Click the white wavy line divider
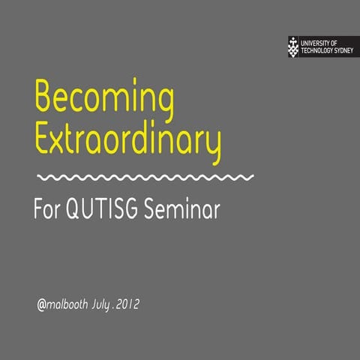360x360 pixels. tap(145, 178)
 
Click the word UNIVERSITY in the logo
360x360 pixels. tap(316, 43)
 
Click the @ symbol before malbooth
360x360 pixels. tap(42, 306)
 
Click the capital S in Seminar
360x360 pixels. tap(158, 209)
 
